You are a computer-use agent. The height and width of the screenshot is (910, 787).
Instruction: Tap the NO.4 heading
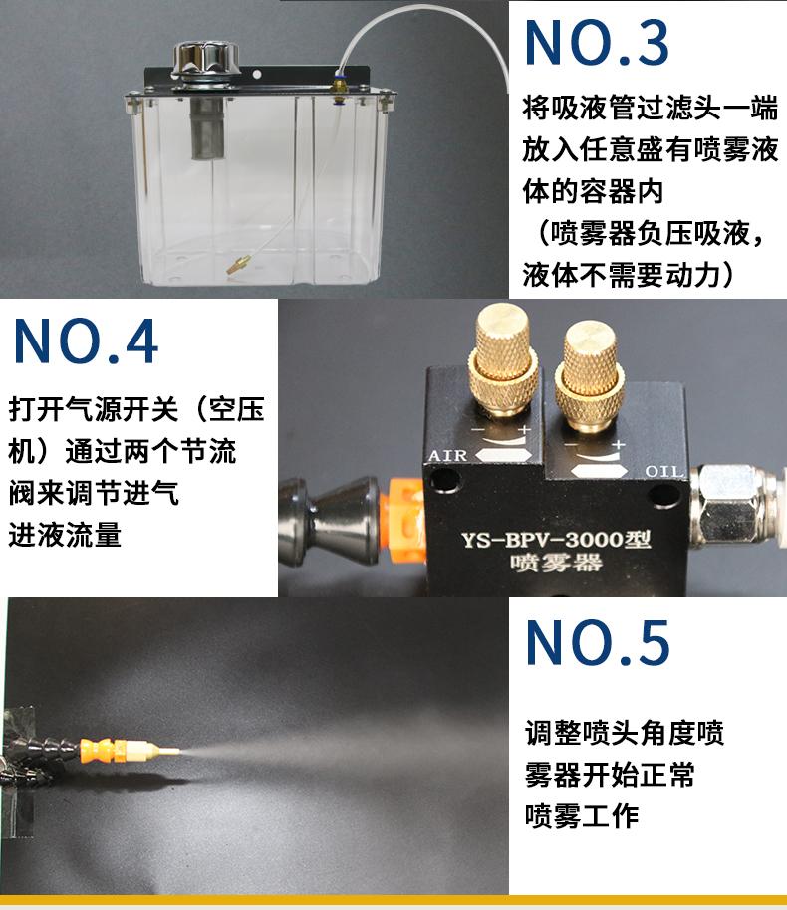86,341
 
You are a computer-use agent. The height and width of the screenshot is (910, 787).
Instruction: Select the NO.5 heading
598,642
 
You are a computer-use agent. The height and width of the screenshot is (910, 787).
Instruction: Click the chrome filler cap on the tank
206,59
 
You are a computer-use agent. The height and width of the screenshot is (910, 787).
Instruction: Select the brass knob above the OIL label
589,375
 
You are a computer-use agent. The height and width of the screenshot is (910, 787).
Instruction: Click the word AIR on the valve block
447,456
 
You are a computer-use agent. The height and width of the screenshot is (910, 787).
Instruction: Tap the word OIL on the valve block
664,471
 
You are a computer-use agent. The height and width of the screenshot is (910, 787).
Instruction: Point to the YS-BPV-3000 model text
556,540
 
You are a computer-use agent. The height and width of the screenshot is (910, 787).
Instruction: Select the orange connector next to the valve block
405,520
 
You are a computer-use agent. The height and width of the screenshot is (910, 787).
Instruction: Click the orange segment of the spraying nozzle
103,750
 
